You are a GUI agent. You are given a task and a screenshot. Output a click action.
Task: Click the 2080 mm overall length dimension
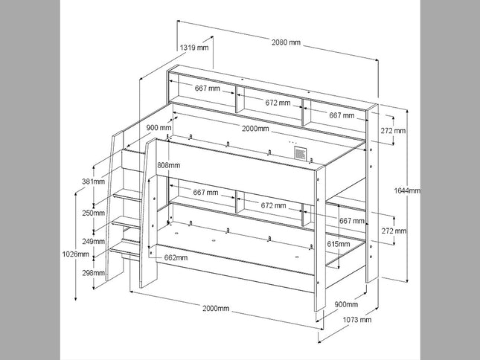[x=286, y=43]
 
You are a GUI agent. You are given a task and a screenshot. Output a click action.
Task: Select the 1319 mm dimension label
[x=194, y=48]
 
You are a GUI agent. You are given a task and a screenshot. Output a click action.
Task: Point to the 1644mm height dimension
[x=407, y=190]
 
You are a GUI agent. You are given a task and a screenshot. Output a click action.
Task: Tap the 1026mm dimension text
[x=77, y=254]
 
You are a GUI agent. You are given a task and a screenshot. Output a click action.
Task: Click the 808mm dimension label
[x=169, y=164]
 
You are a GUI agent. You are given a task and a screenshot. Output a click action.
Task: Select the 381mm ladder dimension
[x=92, y=181]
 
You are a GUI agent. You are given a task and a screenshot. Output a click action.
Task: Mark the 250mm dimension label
[x=92, y=213]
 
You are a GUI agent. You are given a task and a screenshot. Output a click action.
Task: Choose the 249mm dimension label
[x=92, y=241]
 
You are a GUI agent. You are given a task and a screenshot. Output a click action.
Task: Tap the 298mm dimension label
[x=92, y=272]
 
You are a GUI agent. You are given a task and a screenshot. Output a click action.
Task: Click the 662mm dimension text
[x=176, y=258]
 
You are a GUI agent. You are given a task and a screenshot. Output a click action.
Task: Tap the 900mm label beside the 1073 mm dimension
[x=346, y=304]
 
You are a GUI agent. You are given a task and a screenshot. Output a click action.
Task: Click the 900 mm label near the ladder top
[x=159, y=128]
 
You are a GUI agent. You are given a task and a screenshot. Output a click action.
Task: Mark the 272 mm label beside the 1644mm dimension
[x=394, y=132]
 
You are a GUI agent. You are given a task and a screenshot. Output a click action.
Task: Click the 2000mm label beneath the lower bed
[x=216, y=308]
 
